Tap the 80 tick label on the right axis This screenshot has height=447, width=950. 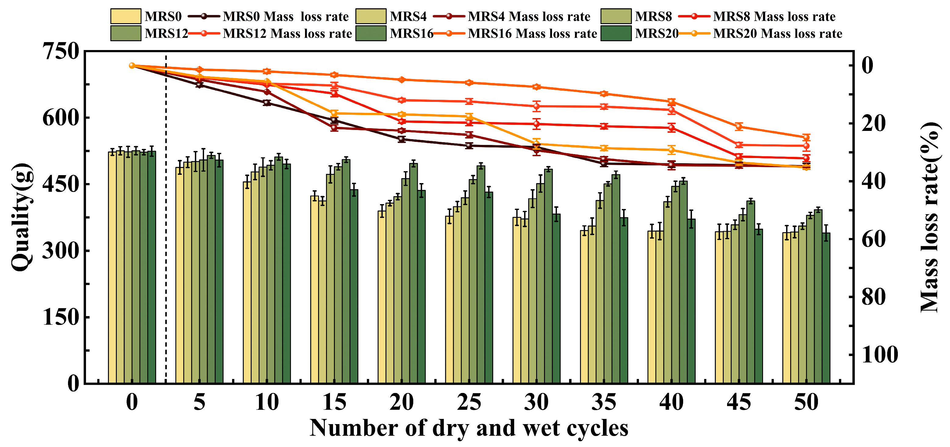click(x=873, y=297)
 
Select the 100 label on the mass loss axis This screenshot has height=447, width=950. click(x=880, y=355)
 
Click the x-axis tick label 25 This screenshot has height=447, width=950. click(x=469, y=402)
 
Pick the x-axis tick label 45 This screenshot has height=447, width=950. click(x=739, y=402)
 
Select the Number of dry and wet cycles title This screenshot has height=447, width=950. click(x=469, y=428)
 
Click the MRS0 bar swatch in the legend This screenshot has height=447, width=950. click(x=126, y=16)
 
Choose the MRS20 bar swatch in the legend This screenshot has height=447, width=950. click(x=616, y=33)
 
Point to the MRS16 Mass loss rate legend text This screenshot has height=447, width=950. click(x=532, y=34)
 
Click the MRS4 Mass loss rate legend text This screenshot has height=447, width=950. click(x=529, y=16)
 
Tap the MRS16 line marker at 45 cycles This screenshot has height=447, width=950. click(x=739, y=127)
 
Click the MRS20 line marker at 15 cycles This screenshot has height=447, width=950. click(x=335, y=113)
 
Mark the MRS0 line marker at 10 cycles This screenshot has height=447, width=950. click(x=267, y=103)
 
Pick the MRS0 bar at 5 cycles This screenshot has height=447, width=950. click(x=180, y=275)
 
